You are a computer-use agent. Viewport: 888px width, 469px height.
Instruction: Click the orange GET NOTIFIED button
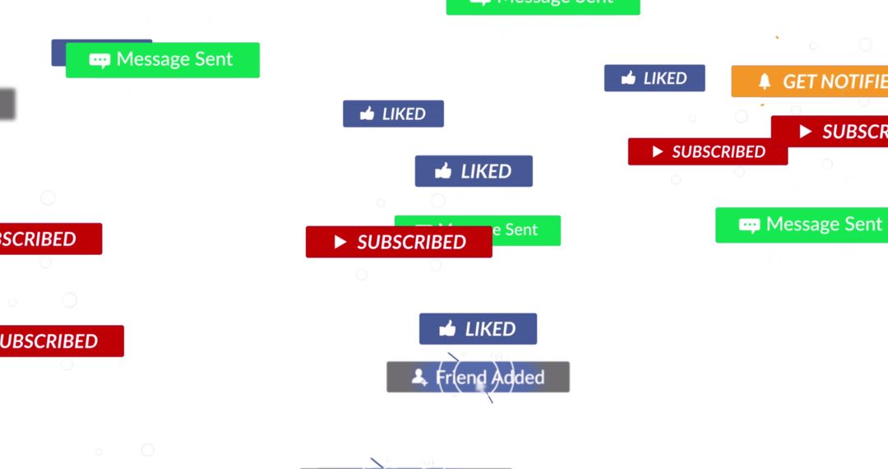pos(810,81)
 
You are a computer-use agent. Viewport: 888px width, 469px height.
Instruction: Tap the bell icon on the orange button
pos(765,81)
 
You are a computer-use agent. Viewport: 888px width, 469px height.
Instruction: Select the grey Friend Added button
pos(478,378)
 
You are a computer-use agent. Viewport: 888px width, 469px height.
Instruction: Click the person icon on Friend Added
pos(419,378)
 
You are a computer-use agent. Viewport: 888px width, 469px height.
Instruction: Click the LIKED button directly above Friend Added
pos(478,329)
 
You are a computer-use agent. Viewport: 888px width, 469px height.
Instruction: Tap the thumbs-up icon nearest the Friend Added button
pos(447,329)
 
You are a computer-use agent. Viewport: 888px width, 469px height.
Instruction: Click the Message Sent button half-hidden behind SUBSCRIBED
pos(526,230)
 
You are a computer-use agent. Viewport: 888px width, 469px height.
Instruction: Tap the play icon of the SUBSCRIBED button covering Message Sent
pos(340,242)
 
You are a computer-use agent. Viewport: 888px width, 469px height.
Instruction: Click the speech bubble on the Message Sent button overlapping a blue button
pos(99,60)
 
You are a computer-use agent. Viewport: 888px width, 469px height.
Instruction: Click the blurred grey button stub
pos(7,104)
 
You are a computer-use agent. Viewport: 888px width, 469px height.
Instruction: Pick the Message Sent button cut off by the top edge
pos(543,5)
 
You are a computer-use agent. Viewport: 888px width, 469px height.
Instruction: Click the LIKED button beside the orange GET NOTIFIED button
pos(654,78)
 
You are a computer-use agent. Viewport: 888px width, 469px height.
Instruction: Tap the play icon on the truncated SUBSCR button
pos(806,132)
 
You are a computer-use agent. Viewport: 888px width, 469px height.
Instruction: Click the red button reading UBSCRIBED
pos(58,341)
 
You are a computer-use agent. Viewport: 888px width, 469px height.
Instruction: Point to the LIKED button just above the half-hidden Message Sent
pos(474,171)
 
